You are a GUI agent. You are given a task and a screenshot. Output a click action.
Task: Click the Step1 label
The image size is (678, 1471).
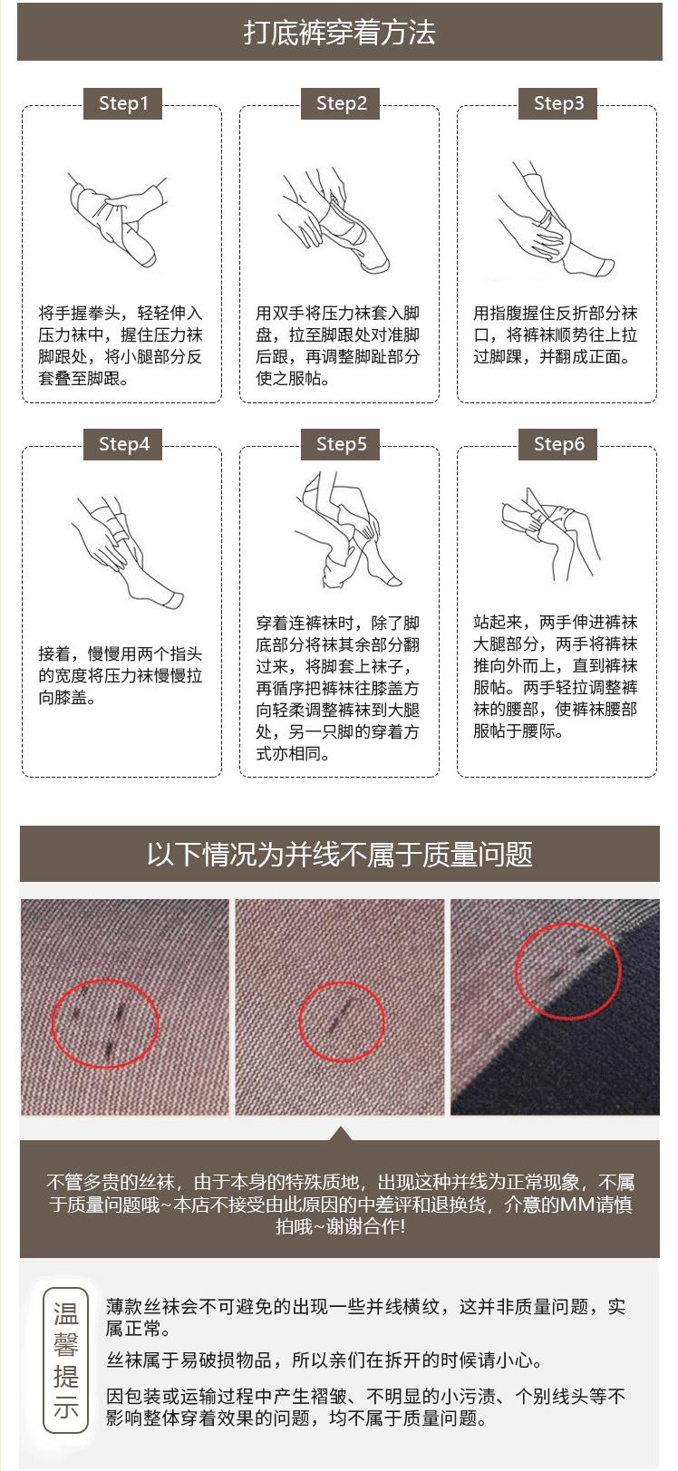coord(123,103)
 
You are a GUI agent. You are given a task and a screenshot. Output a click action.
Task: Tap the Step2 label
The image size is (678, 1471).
coord(340,103)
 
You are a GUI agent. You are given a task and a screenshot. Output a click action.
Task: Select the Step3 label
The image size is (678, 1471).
coord(557,103)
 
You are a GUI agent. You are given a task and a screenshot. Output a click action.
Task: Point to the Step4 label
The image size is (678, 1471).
coord(123,444)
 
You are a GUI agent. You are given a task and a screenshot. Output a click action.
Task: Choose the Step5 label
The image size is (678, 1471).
coord(340,444)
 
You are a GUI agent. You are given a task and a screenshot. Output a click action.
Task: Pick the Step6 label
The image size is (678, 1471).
coord(557,444)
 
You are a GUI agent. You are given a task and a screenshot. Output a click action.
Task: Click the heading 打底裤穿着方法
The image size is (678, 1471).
coord(340,33)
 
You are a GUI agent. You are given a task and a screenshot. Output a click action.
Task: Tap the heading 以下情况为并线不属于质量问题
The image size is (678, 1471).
coord(340,854)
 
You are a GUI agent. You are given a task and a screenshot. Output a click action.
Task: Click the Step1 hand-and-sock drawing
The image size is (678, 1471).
coord(118,220)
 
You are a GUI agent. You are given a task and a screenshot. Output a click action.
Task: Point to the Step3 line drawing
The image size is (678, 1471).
coord(556,220)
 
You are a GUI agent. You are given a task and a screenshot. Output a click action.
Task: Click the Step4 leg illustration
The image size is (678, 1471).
coord(128,553)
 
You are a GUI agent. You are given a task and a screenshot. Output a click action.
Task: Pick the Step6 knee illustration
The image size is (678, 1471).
coord(550,533)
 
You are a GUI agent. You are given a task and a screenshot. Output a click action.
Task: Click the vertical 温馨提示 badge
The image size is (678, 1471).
coord(65,1360)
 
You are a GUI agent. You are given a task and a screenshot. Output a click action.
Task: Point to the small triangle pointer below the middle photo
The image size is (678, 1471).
coord(340,1134)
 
